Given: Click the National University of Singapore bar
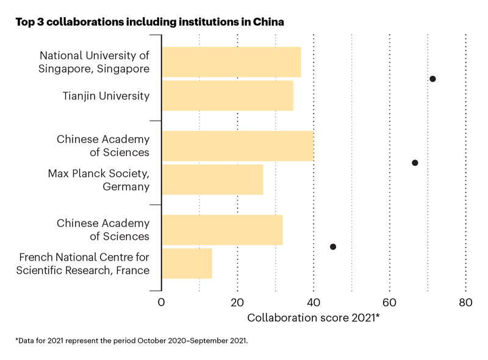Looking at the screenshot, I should (231, 62).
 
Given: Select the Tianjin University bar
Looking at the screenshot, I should (228, 95).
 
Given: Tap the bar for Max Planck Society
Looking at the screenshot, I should (212, 179).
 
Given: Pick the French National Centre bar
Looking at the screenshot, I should (187, 263).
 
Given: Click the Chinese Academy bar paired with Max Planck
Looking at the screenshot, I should (237, 146).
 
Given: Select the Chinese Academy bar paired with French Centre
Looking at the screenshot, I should (222, 229).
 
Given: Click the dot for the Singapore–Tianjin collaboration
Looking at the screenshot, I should (432, 79).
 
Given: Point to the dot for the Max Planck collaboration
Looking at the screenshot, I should (415, 163).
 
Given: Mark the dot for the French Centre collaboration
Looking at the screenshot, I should (333, 247).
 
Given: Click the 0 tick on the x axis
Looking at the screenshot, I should (162, 303).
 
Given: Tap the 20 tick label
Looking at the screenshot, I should (237, 303).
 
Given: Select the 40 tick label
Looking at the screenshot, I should (314, 303).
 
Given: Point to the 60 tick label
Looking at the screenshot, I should (390, 303).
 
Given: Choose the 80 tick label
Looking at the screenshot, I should (465, 303).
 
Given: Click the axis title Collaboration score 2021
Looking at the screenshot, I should (314, 318).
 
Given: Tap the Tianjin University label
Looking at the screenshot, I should (106, 96).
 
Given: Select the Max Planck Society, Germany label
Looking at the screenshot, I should (99, 180).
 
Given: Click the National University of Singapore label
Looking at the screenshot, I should (94, 62).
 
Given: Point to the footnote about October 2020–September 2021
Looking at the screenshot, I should (132, 340).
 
